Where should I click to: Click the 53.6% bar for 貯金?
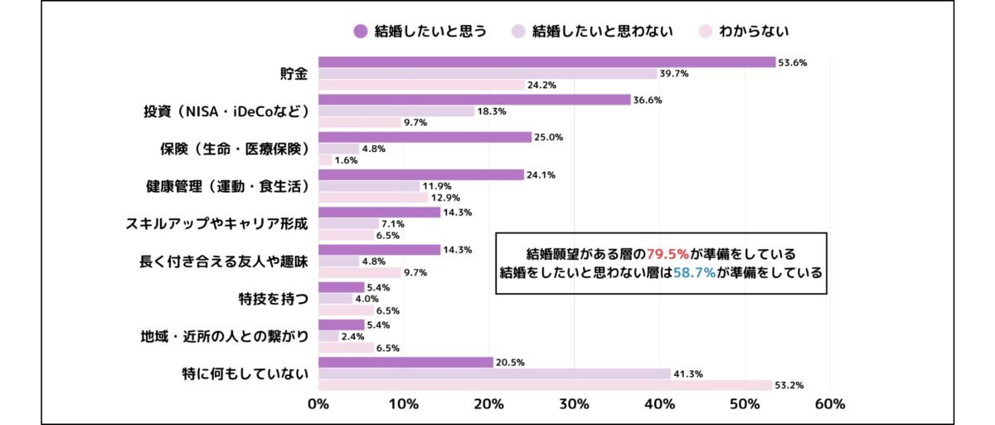[x=547, y=62]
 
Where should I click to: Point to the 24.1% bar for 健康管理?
[x=421, y=174]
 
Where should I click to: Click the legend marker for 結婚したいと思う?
[x=360, y=32]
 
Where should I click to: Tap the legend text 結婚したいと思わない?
[x=602, y=32]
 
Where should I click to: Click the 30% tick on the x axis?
[x=574, y=404]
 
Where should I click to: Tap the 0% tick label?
[x=318, y=404]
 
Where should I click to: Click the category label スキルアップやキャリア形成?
[x=217, y=223]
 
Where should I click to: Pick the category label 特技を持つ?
[x=273, y=298]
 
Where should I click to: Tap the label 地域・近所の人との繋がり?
[x=225, y=336]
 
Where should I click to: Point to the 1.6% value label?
[x=345, y=160]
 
